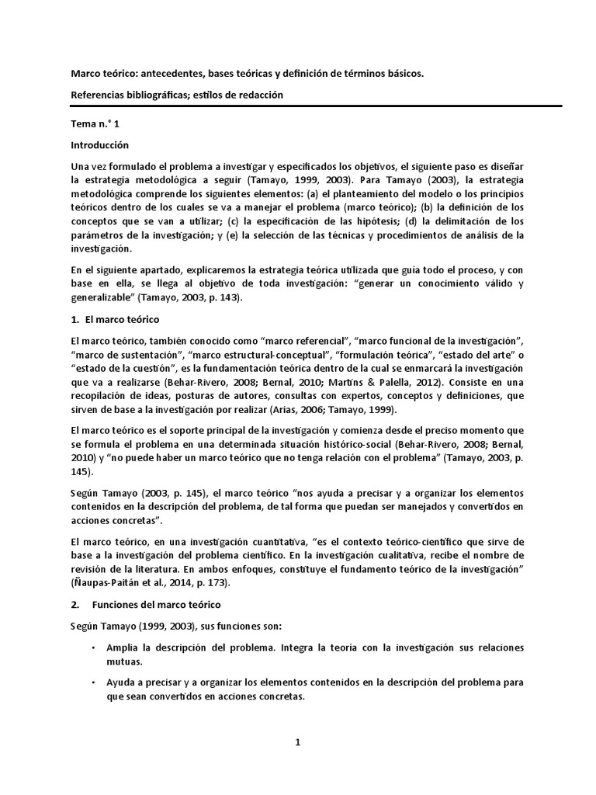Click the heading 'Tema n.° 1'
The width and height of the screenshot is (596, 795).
pyautogui.click(x=92, y=123)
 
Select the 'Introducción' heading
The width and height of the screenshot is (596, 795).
pyautogui.click(x=99, y=145)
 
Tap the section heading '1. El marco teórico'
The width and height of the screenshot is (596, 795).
pyautogui.click(x=115, y=320)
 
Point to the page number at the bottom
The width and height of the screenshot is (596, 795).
pyautogui.click(x=297, y=742)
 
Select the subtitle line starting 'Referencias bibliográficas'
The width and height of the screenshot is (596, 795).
pyautogui.click(x=177, y=95)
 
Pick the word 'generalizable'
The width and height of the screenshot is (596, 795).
pyautogui.click(x=105, y=298)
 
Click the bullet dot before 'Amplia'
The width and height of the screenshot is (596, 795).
pyautogui.click(x=93, y=647)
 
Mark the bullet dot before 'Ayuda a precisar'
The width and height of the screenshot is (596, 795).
pyautogui.click(x=93, y=682)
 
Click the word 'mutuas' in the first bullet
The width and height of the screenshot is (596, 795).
pyautogui.click(x=126, y=661)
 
